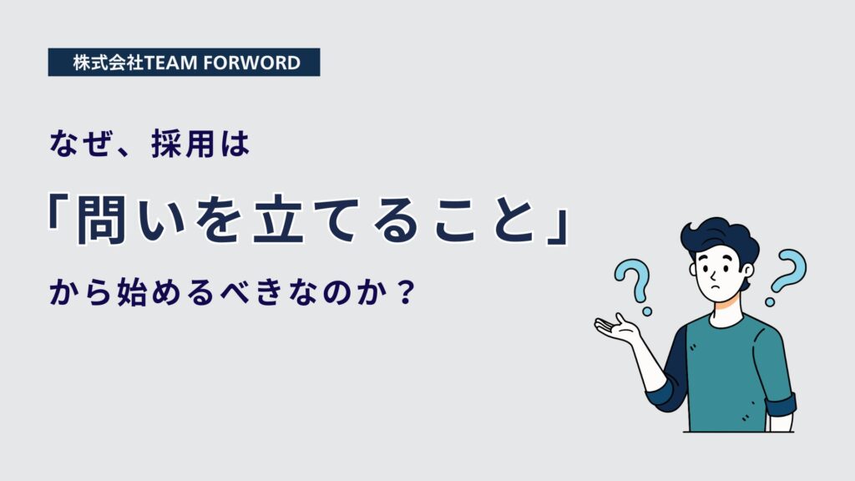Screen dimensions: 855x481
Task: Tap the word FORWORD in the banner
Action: click(251, 63)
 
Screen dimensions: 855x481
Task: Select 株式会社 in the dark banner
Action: click(109, 63)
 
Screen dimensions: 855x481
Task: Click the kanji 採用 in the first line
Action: click(183, 144)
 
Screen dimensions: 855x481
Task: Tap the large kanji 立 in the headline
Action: click(278, 220)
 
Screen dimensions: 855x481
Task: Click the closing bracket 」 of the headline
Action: click(558, 227)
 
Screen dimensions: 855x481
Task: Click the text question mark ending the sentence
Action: click(405, 292)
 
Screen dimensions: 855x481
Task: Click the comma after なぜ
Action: click(127, 152)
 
